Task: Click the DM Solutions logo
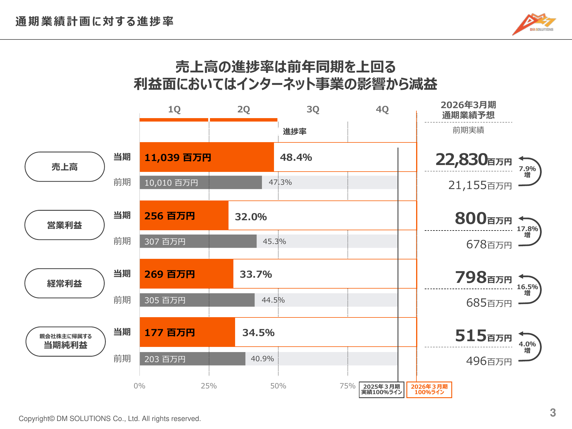(x=534, y=24)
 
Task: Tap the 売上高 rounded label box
(x=65, y=167)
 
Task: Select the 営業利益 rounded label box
(x=65, y=225)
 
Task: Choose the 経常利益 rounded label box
(x=65, y=283)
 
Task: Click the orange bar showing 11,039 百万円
(x=206, y=157)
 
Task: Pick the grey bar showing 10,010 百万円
(x=200, y=182)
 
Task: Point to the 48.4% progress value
(x=296, y=157)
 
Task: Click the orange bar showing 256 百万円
(x=184, y=216)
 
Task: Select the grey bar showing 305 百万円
(x=197, y=300)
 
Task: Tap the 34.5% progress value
(x=258, y=333)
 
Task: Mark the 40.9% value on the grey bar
(x=262, y=359)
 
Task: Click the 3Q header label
(x=313, y=109)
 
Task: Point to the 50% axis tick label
(x=278, y=386)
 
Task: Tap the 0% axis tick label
(x=139, y=386)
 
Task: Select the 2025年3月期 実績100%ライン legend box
(x=382, y=390)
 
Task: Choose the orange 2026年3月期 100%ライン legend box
(x=429, y=390)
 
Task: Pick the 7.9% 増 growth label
(x=527, y=172)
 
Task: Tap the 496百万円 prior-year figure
(x=489, y=361)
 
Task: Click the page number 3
(x=553, y=413)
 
